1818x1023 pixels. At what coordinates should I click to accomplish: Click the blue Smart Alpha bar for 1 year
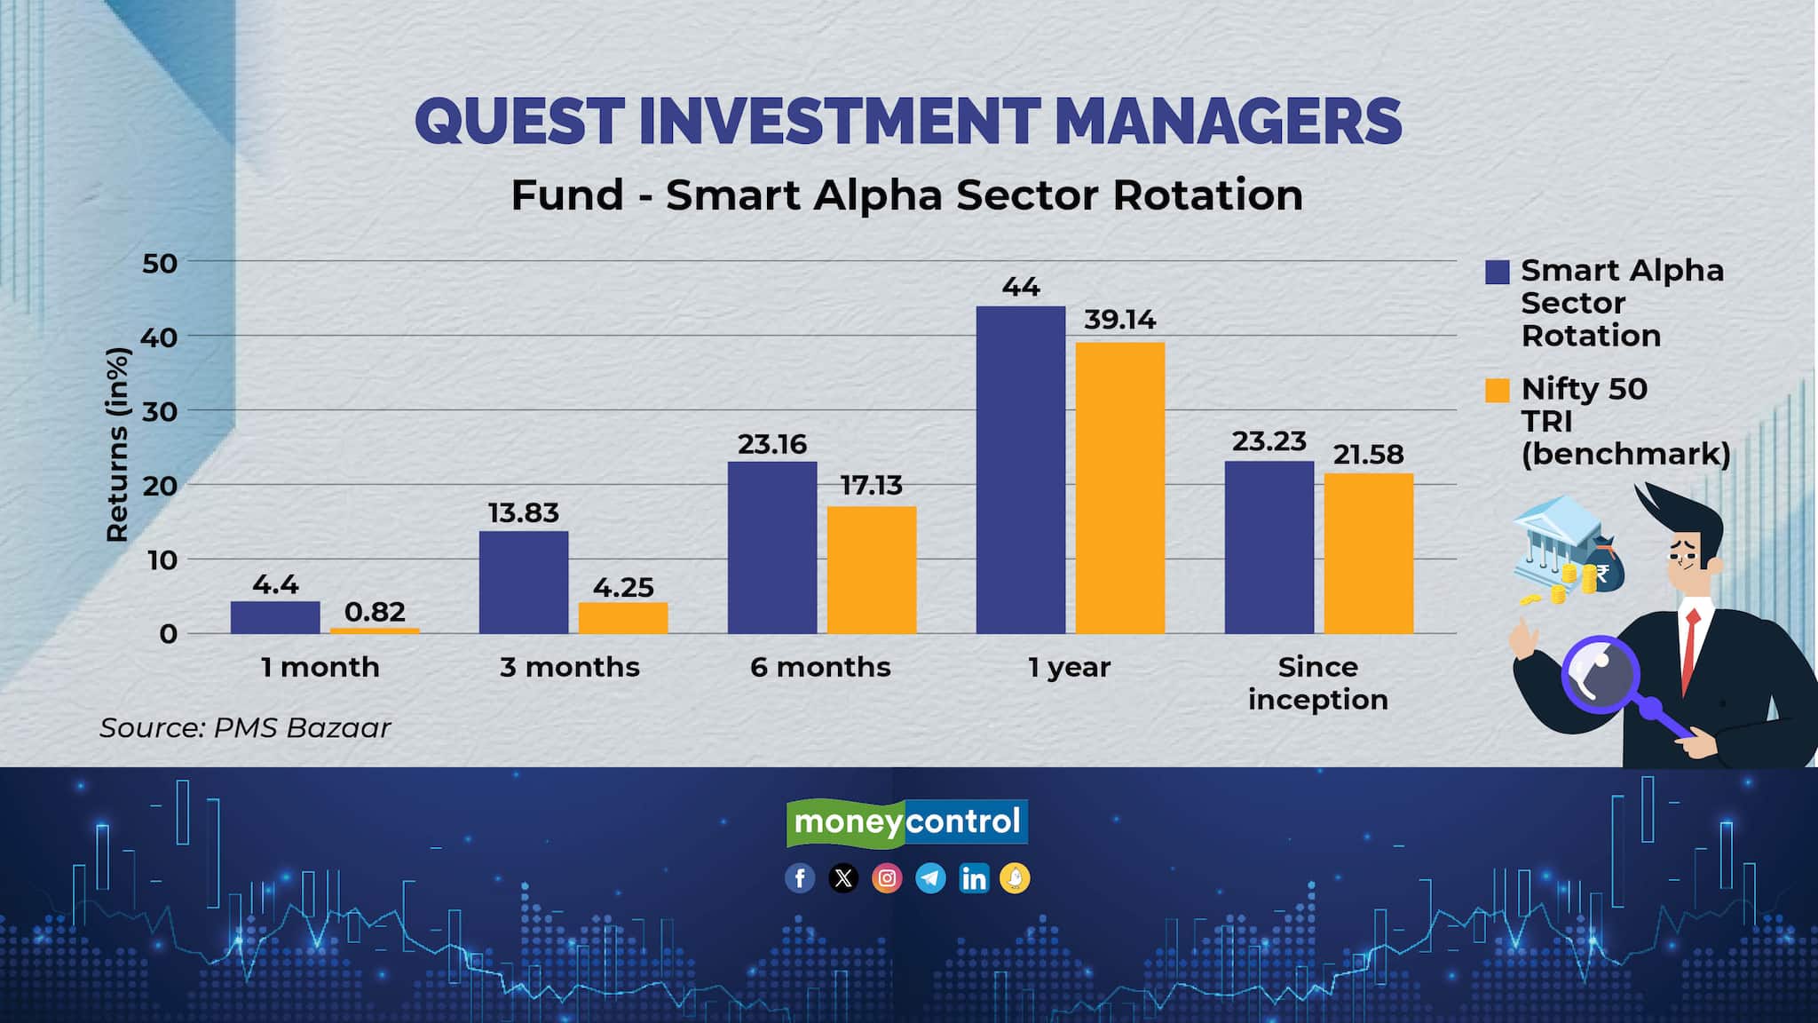[x=1021, y=470]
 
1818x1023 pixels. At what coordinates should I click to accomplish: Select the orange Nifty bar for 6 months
[x=872, y=570]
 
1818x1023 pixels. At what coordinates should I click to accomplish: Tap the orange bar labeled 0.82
[x=375, y=630]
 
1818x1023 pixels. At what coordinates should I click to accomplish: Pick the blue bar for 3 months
[x=524, y=583]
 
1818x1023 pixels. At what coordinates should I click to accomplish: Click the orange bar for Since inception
[x=1369, y=553]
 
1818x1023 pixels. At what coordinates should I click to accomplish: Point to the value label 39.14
[x=1120, y=320]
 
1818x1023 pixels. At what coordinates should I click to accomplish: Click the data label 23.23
[x=1269, y=441]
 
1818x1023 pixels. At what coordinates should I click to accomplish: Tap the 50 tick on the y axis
[x=160, y=263]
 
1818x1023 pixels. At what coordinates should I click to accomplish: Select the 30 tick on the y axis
[x=160, y=411]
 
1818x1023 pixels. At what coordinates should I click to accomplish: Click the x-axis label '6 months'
[x=820, y=667]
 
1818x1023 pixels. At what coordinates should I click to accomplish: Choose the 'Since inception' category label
[x=1318, y=683]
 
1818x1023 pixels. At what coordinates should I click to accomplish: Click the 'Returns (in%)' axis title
[x=117, y=444]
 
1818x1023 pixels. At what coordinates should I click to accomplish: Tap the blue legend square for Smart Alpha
[x=1498, y=272]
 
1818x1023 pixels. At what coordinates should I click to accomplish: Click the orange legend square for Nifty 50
[x=1498, y=391]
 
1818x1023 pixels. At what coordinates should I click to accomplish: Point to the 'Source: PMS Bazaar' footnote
[x=245, y=728]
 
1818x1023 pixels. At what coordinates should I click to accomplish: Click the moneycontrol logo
[x=907, y=822]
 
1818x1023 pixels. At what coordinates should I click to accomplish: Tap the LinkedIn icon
[x=974, y=878]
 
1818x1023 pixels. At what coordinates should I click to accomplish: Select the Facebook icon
[x=800, y=878]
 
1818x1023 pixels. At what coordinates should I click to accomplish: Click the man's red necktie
[x=1690, y=648]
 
